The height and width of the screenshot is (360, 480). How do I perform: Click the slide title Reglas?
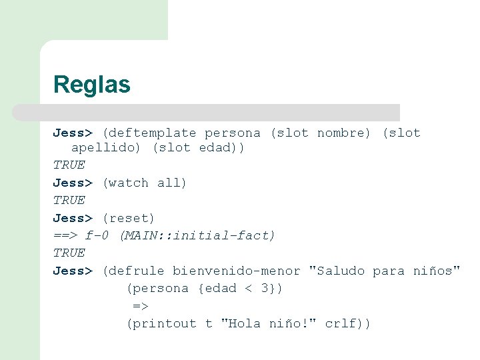click(91, 85)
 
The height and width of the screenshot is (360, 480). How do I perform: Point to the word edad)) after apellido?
click(221, 147)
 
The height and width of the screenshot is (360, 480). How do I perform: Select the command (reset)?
click(128, 218)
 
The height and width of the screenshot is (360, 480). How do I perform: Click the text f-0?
click(98, 235)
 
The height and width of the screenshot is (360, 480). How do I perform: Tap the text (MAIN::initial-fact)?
click(197, 235)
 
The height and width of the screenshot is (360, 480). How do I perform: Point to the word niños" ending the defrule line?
click(437, 271)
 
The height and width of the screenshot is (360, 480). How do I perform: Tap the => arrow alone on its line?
click(140, 306)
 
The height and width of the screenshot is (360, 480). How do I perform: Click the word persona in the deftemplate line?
click(233, 133)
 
